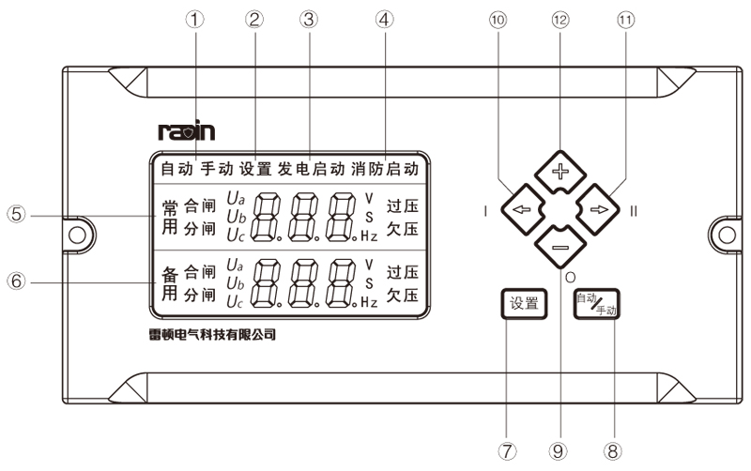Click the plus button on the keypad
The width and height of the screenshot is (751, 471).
point(559,171)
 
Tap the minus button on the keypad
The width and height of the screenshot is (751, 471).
point(559,248)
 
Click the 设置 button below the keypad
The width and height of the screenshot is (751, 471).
point(524,303)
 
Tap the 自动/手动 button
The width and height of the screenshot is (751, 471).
point(598,304)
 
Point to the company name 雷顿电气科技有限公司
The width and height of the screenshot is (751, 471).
point(207,334)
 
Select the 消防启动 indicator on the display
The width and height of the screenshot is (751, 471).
point(385,171)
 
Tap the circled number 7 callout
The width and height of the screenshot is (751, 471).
point(508,450)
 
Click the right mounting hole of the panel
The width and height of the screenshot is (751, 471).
point(725,230)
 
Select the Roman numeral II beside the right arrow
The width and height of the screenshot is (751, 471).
point(634,211)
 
